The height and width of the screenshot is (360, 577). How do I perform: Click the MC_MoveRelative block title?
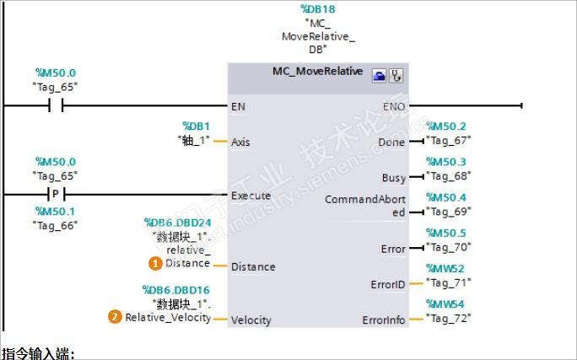(317, 72)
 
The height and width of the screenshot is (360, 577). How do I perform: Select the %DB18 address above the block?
(318, 9)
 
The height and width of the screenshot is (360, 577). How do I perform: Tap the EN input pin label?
(239, 106)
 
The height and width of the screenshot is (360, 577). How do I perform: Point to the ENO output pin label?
(394, 106)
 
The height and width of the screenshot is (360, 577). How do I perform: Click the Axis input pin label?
(240, 142)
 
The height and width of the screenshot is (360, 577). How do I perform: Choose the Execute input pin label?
(251, 196)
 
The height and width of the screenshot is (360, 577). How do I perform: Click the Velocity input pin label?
(251, 320)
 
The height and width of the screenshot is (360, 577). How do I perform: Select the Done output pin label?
(391, 142)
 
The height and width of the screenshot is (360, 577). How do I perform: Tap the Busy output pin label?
(393, 178)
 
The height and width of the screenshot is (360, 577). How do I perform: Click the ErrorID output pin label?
(388, 285)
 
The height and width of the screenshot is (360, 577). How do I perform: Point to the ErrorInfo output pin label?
(384, 320)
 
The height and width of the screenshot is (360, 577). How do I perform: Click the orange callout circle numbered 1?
(155, 263)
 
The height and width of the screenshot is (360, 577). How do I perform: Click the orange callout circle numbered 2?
(115, 317)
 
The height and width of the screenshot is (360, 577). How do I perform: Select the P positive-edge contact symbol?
(56, 194)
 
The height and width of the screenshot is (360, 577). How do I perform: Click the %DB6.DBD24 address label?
(177, 223)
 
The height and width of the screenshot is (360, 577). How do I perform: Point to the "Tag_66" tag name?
(55, 225)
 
